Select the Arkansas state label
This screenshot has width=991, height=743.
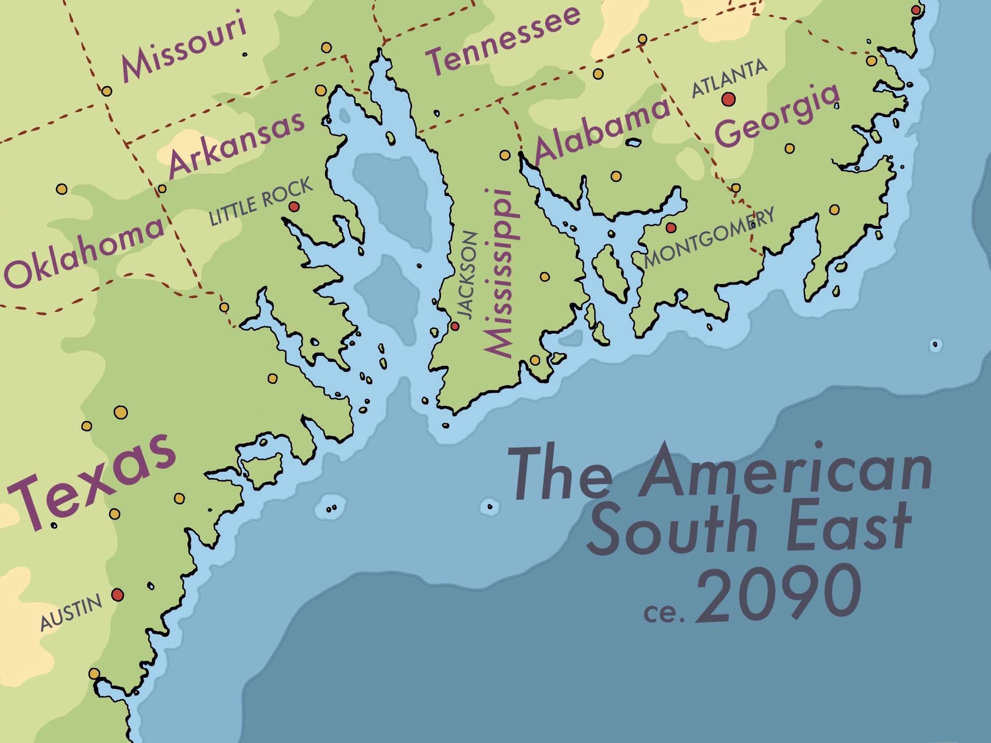pos(237,143)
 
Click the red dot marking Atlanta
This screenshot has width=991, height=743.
pos(728,99)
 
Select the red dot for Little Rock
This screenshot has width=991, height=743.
pos(293,207)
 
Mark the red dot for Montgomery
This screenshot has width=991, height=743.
pos(671,227)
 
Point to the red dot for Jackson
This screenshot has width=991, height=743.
pos(454,326)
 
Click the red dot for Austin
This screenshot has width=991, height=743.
pos(117,594)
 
